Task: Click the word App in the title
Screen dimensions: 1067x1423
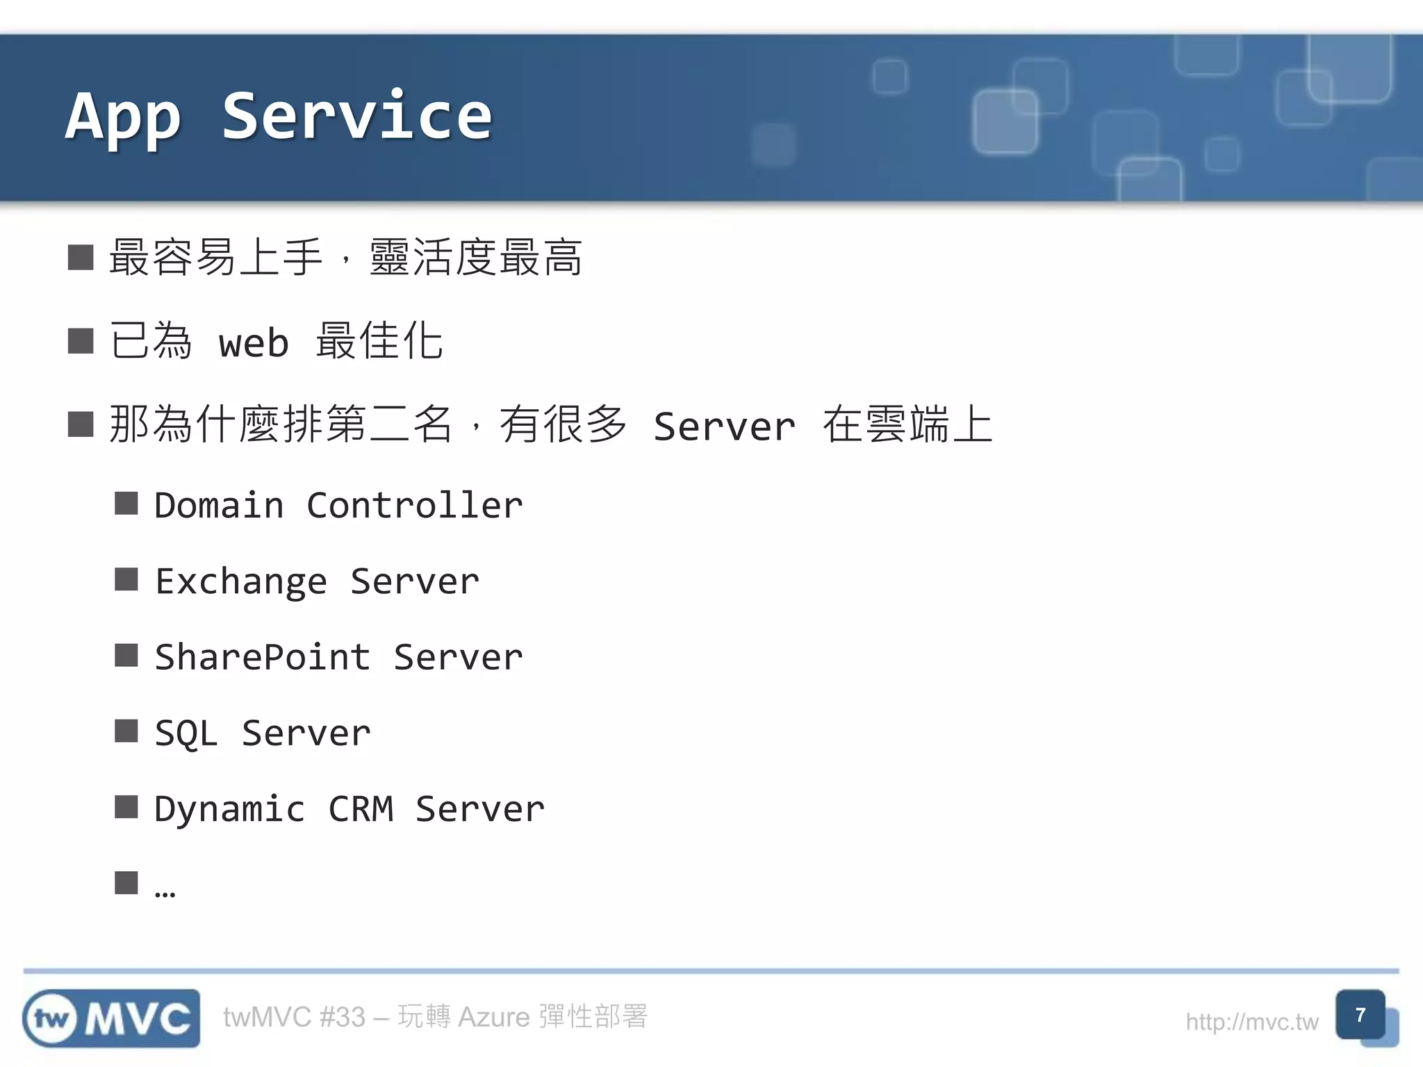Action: coord(124,117)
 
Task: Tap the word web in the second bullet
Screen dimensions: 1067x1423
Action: coord(254,343)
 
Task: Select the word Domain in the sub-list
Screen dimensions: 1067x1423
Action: coord(219,505)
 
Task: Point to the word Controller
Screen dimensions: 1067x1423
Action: coord(414,505)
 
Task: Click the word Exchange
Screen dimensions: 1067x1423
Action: coord(240,581)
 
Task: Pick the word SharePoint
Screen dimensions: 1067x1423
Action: coord(262,657)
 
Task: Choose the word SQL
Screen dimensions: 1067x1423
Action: coord(186,734)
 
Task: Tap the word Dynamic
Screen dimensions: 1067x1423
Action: coord(229,810)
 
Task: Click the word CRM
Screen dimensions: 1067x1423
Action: coord(361,809)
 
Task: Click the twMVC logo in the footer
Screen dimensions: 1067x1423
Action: coord(111,1018)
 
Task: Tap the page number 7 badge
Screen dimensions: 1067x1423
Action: coord(1360,1015)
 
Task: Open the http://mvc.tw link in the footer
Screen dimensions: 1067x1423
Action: coord(1251,1022)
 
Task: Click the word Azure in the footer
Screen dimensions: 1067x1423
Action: coord(493,1017)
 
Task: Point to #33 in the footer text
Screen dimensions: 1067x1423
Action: coord(342,1017)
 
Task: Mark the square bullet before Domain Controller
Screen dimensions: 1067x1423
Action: coord(126,503)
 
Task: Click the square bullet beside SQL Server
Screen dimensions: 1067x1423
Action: coord(126,731)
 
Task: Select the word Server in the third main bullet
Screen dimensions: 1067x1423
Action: coord(724,427)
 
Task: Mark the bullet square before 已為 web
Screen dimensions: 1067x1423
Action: coord(81,341)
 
